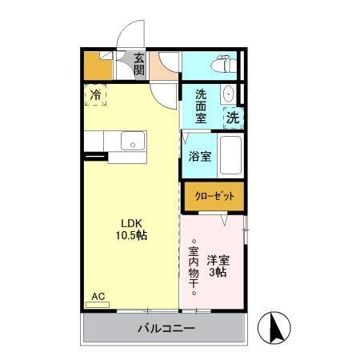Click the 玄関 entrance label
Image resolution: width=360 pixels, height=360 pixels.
click(x=139, y=64)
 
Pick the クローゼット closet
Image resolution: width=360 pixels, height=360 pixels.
click(x=214, y=195)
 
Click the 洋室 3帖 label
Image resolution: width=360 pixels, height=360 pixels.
click(x=217, y=266)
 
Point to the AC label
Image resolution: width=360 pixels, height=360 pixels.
click(x=98, y=297)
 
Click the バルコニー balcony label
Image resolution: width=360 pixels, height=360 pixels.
click(x=166, y=328)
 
